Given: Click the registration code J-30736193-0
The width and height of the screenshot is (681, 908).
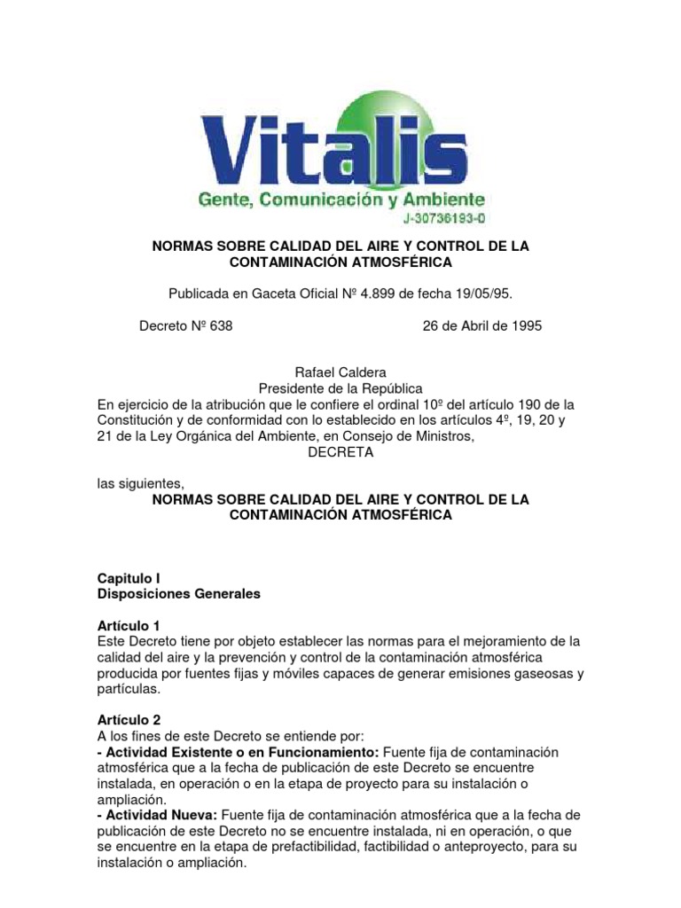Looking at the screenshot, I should [442, 218].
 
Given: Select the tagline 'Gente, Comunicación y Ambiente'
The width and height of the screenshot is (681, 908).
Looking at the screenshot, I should [340, 200].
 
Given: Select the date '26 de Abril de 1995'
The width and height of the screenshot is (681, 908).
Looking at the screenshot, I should [481, 326].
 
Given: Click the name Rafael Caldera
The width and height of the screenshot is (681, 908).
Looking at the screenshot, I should [340, 372].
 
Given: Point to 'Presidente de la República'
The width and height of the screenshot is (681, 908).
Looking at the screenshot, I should [340, 388].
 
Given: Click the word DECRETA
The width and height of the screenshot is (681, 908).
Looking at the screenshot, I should [340, 452].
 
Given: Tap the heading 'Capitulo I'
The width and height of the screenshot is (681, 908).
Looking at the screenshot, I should [129, 578].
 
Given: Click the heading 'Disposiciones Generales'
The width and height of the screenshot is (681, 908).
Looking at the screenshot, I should [178, 594].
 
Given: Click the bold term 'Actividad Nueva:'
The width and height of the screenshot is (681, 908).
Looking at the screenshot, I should [160, 816].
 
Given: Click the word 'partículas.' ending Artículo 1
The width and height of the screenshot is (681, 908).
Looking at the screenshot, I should [129, 689].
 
